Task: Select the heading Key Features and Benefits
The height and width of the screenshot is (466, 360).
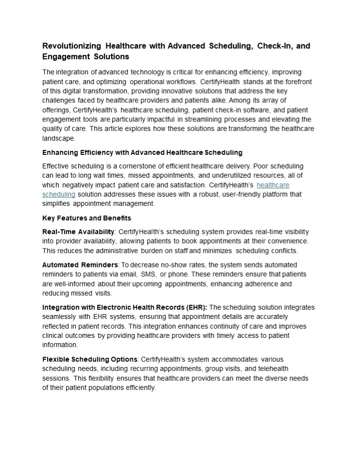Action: point(86,218)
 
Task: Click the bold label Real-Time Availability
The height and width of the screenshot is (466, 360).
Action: point(78,232)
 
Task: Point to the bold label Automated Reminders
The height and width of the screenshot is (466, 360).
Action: point(80,265)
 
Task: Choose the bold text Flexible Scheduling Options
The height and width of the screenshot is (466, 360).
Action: point(90,359)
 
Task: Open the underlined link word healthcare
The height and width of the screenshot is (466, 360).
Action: point(273,185)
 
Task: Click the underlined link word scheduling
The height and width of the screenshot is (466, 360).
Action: point(58,194)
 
